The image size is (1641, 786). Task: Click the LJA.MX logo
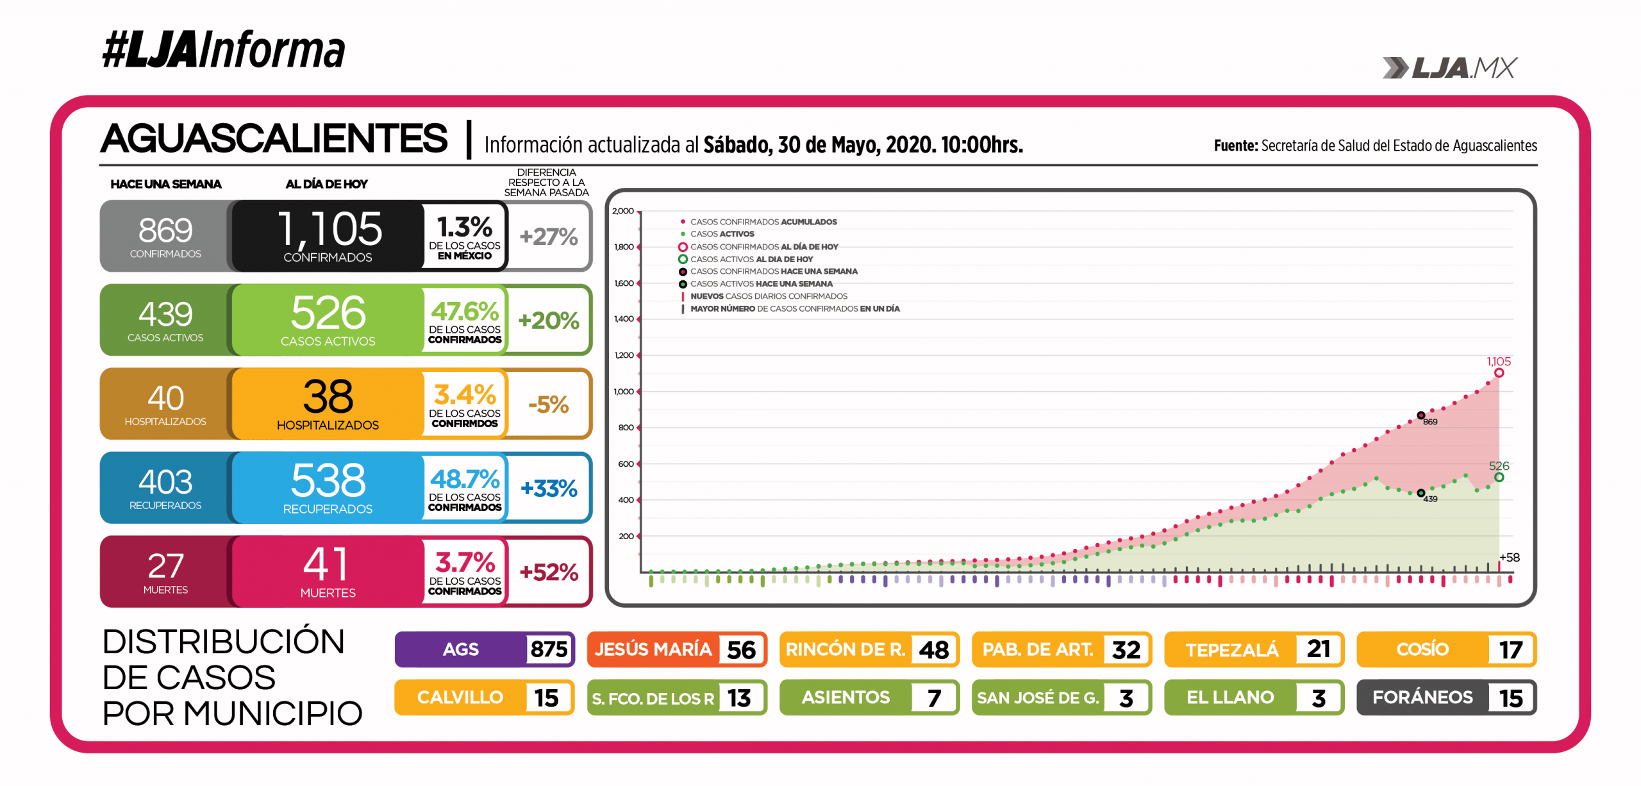[x=1450, y=68]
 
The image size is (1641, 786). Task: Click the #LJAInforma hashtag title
[x=224, y=50]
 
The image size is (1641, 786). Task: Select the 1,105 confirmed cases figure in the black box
[x=329, y=230]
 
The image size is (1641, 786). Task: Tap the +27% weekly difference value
[x=549, y=237]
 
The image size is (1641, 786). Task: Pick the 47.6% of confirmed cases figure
[x=465, y=312]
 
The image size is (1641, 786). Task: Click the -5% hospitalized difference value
[x=549, y=405]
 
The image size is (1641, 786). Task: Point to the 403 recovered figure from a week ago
[x=165, y=481]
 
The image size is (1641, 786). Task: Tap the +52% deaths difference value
[x=549, y=572]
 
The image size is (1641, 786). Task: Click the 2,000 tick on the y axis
[x=623, y=211]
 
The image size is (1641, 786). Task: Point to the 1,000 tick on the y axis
[x=624, y=392]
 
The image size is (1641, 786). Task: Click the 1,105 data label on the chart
[x=1499, y=362]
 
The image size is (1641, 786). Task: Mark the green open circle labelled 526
[x=1499, y=477]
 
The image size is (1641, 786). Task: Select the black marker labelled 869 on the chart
[x=1420, y=415]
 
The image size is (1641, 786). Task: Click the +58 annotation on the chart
[x=1509, y=557]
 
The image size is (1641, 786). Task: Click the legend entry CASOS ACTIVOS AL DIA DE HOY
[x=751, y=259]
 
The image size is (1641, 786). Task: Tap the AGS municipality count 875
[x=549, y=649]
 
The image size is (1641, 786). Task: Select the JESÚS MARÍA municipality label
[x=653, y=649]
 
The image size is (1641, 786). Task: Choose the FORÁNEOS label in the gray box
[x=1422, y=698]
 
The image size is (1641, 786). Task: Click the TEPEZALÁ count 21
[x=1318, y=649]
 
